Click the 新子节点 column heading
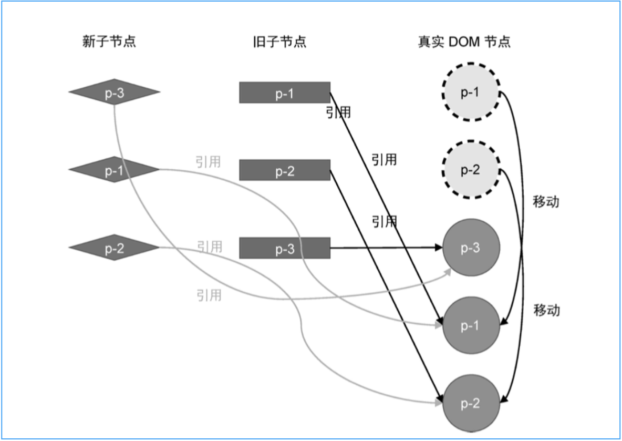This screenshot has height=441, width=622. [x=109, y=42]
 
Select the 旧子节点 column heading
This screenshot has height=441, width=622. [x=279, y=42]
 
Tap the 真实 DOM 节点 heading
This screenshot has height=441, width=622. [x=464, y=42]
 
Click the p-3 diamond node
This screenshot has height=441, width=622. [x=114, y=93]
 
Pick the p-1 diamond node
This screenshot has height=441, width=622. [x=114, y=171]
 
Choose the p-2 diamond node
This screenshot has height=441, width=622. [x=114, y=248]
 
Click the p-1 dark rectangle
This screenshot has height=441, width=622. [x=285, y=93]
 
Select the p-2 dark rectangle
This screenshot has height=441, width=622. [x=285, y=171]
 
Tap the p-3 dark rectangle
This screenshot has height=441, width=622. [x=285, y=248]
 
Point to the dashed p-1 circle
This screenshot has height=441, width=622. [x=471, y=93]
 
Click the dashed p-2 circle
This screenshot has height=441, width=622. [x=471, y=170]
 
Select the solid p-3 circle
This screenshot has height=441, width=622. [x=471, y=248]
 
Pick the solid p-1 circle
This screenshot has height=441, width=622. [x=471, y=325]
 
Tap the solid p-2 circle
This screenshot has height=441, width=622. [x=471, y=403]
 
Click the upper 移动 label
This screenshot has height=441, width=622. [x=546, y=202]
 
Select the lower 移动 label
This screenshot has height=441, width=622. [x=546, y=310]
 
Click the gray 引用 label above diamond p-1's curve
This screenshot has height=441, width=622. [x=208, y=161]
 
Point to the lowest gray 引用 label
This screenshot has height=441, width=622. [x=209, y=295]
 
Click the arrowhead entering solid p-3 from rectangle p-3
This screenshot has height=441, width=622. [x=439, y=248]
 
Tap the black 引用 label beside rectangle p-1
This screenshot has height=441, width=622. [x=338, y=112]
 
